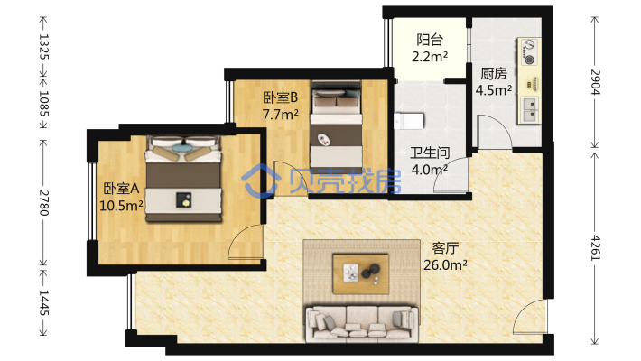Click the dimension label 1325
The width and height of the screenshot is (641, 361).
point(43,46)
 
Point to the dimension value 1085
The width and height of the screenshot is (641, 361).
point(43,103)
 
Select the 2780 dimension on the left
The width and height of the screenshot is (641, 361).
point(43,203)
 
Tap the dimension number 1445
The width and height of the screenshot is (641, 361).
point(43,302)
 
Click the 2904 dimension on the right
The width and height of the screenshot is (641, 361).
point(596,82)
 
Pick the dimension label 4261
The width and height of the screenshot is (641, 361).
point(596,248)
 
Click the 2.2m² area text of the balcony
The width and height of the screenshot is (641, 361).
point(430,57)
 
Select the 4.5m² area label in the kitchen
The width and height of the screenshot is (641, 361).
point(494,90)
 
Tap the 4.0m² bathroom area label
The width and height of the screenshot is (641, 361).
point(429,170)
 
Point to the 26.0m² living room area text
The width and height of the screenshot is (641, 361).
point(445,265)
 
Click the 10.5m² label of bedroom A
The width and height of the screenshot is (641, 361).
point(121,205)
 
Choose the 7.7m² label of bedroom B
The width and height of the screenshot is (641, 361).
point(280,115)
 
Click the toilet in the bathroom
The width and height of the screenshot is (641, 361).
point(409,121)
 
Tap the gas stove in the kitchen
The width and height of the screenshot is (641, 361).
point(529,52)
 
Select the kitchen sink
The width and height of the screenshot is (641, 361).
point(530,109)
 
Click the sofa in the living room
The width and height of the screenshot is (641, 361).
point(362,323)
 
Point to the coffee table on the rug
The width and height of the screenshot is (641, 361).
point(360,273)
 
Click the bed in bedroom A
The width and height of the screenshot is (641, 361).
point(184,179)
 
